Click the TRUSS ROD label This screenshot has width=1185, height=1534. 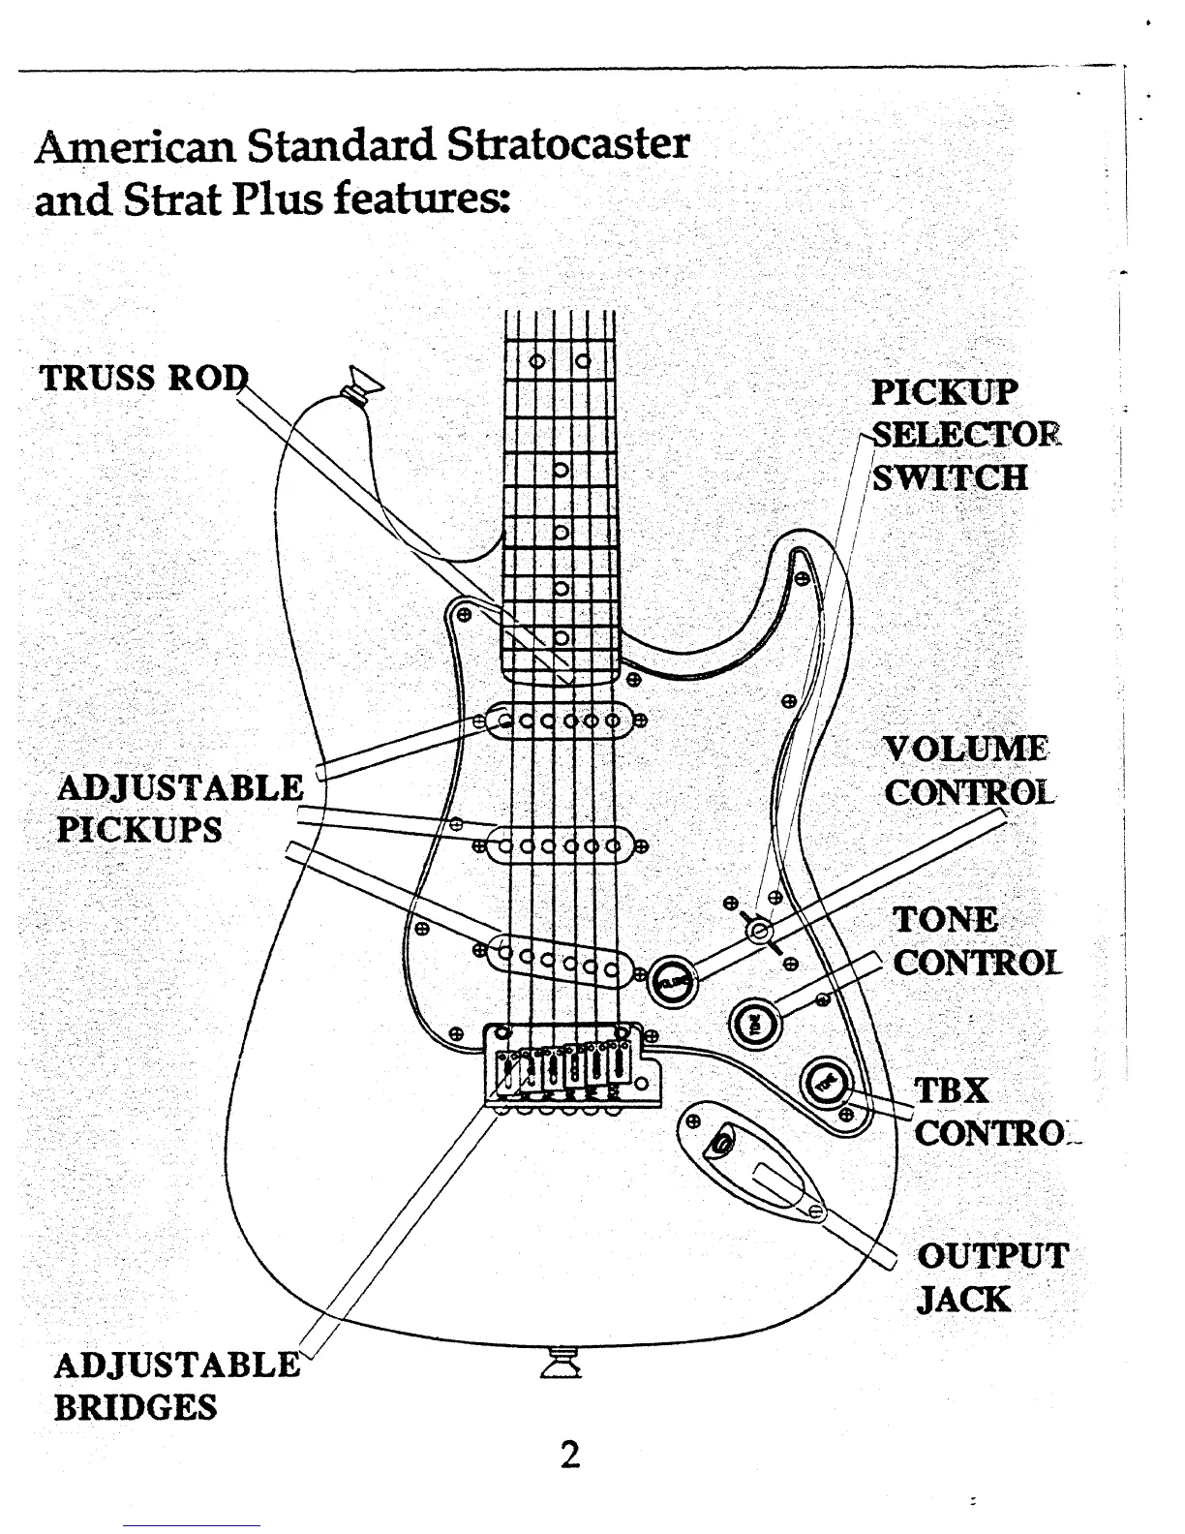point(142,378)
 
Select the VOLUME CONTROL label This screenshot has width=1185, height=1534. point(966,771)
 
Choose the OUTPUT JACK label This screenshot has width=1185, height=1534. point(991,1277)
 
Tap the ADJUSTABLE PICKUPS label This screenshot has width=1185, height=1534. point(179,808)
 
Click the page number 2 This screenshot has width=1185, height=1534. point(571,1455)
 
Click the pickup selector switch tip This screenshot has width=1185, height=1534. point(760,931)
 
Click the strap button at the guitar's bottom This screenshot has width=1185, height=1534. point(562,1365)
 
